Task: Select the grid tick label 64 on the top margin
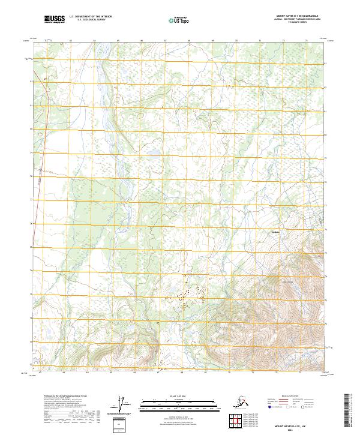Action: pos(94,41)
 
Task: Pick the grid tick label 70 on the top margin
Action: pos(236,41)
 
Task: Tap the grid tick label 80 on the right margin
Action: pos(326,134)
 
